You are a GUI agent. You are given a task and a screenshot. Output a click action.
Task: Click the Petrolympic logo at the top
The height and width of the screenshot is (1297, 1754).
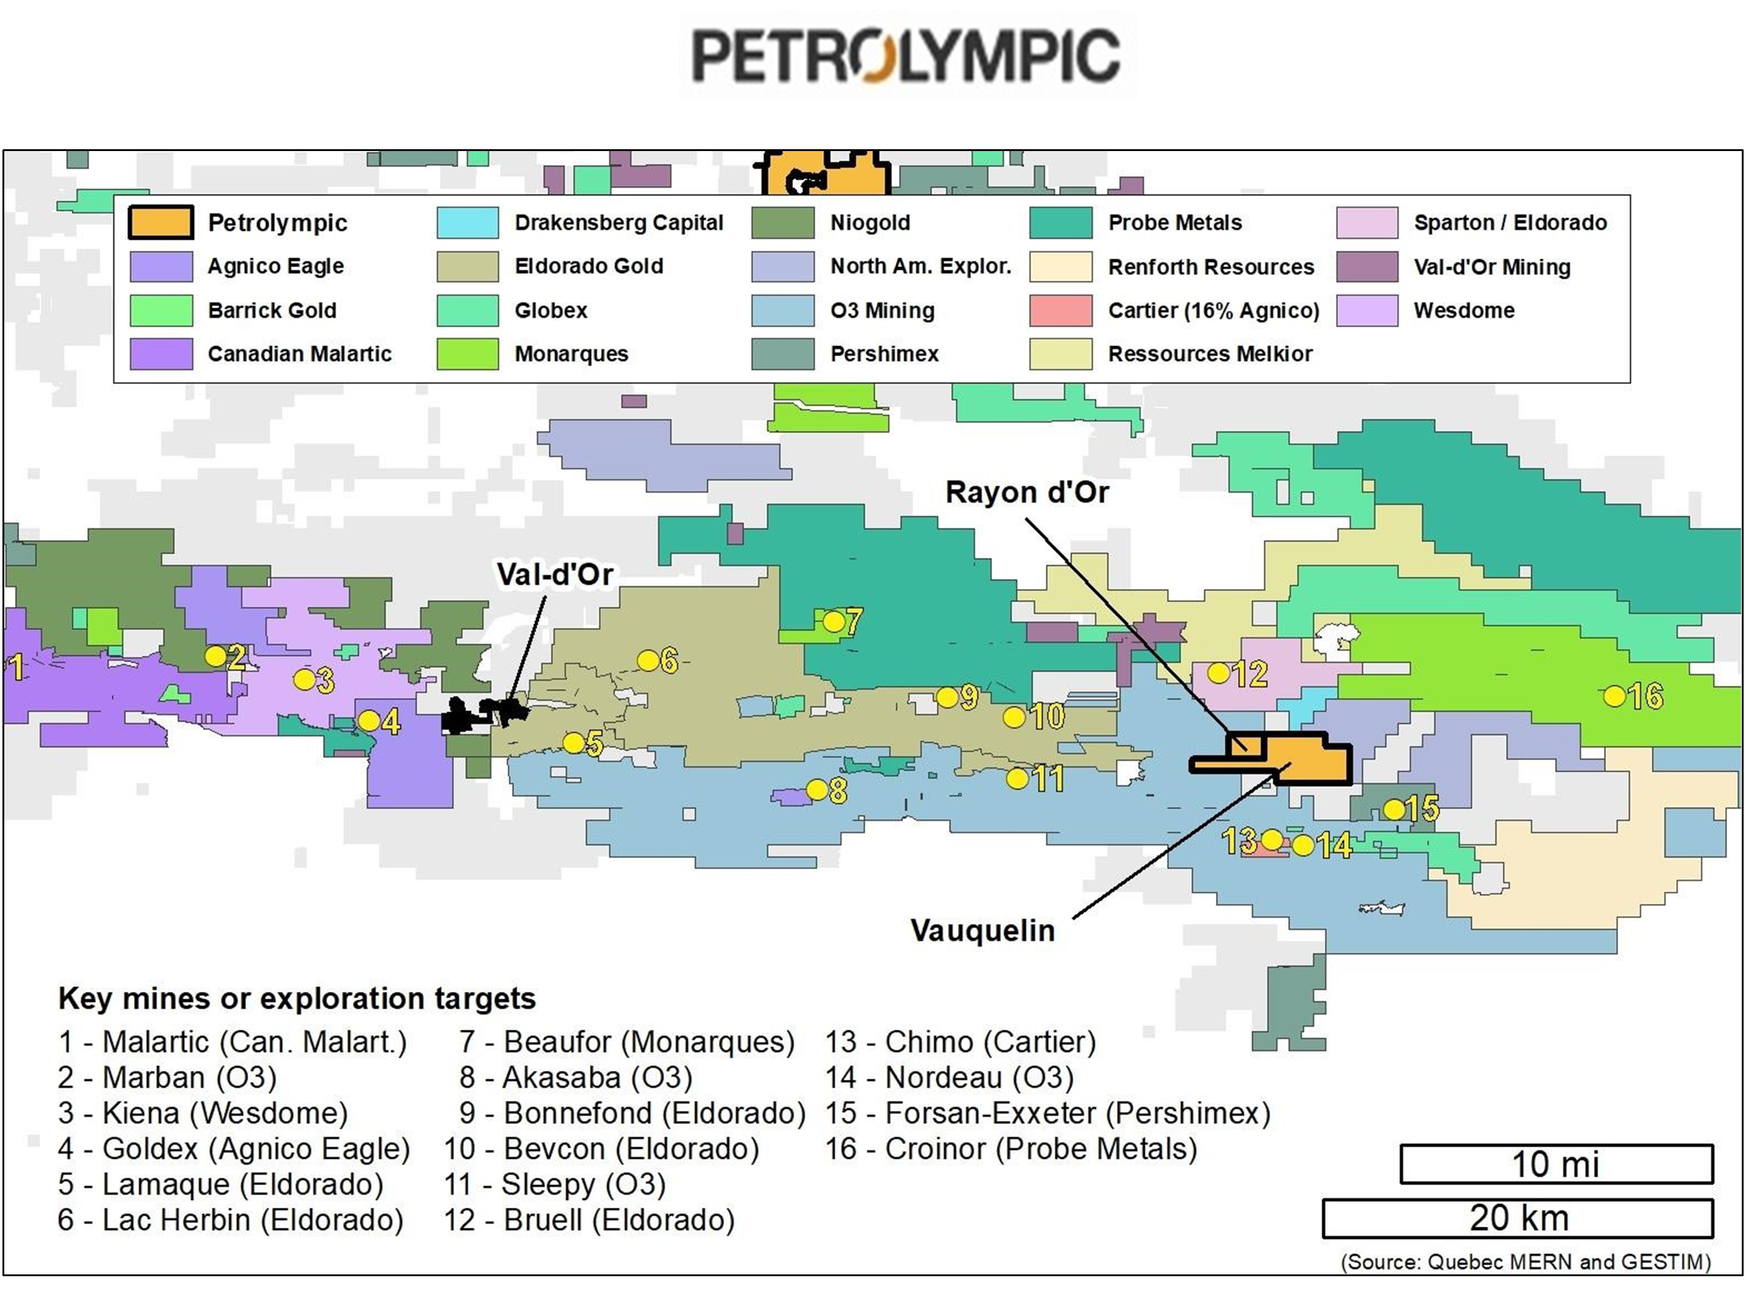pyautogui.click(x=908, y=55)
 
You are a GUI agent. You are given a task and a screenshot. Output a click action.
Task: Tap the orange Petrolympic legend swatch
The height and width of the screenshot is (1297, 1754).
pyautogui.click(x=161, y=222)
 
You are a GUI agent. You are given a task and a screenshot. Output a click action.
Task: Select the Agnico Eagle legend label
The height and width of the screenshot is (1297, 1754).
pyautogui.click(x=276, y=266)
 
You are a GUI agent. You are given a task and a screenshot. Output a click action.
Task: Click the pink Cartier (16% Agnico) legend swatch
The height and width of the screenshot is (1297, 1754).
pyautogui.click(x=1060, y=310)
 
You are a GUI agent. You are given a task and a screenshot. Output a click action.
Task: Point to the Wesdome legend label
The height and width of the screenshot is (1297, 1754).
pyautogui.click(x=1464, y=310)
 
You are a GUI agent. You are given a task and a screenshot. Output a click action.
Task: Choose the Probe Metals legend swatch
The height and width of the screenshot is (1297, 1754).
pyautogui.click(x=1060, y=222)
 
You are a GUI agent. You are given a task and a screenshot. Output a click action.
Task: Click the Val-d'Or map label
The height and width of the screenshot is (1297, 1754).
pyautogui.click(x=554, y=574)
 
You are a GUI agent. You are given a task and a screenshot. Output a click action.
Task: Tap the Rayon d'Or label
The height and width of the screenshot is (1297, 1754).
pyautogui.click(x=1027, y=492)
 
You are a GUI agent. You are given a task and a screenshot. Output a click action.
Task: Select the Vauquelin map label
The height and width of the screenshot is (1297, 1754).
pyautogui.click(x=982, y=930)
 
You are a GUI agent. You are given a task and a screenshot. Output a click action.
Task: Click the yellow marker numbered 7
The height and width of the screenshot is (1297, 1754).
pyautogui.click(x=833, y=622)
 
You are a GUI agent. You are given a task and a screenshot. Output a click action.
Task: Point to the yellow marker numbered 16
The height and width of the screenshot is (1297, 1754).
pyautogui.click(x=1614, y=696)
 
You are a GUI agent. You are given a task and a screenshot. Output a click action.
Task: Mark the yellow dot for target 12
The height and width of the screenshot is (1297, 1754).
pyautogui.click(x=1218, y=673)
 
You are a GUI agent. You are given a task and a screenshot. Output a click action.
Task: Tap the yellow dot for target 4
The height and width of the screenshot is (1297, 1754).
pyautogui.click(x=368, y=720)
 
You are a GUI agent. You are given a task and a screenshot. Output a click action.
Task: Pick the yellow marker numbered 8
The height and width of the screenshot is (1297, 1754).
pyautogui.click(x=816, y=789)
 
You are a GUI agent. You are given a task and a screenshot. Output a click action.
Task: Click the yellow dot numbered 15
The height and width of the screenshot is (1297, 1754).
pyautogui.click(x=1394, y=808)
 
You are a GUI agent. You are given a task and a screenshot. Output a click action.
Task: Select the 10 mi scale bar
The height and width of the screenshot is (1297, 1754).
pyautogui.click(x=1556, y=1164)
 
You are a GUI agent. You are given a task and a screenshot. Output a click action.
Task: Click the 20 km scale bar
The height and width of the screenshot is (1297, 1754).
pyautogui.click(x=1518, y=1218)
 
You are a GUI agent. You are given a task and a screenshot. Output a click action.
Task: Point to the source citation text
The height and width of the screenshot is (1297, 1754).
pyautogui.click(x=1525, y=1262)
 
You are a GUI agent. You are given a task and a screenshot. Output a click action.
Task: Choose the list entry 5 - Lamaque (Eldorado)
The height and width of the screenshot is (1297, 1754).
pyautogui.click(x=221, y=1184)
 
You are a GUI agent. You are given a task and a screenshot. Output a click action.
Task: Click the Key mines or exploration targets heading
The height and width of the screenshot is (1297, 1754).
pyautogui.click(x=297, y=999)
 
